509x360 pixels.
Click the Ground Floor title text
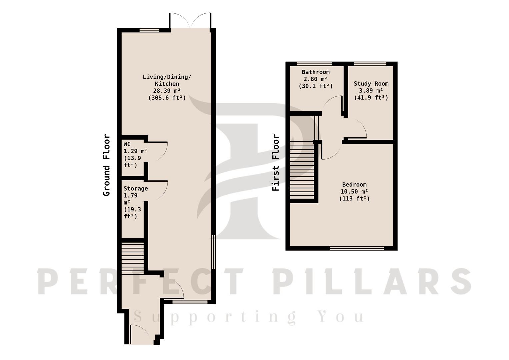point(106,165)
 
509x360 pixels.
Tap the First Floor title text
point(276,163)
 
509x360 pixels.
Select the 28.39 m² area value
point(167,91)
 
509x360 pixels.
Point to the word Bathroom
point(316,72)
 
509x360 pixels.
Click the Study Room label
point(371,84)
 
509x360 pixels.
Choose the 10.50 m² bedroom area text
point(354,192)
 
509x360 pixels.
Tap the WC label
point(127,144)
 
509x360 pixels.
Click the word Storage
point(136,189)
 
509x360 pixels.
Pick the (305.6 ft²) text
point(167,98)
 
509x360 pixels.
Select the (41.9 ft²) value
point(371,97)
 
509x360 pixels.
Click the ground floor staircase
point(133,258)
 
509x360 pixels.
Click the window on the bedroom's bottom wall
point(357,248)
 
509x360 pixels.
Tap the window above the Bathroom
point(314,64)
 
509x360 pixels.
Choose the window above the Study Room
point(370,64)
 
